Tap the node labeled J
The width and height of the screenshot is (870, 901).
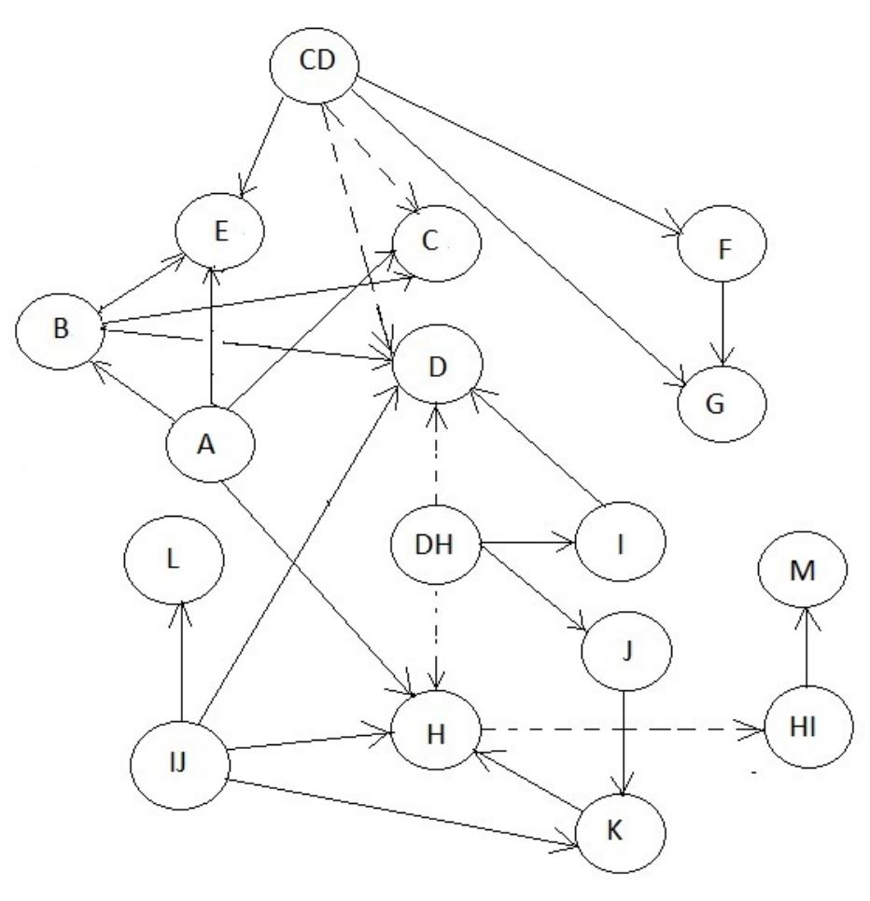tap(624, 647)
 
